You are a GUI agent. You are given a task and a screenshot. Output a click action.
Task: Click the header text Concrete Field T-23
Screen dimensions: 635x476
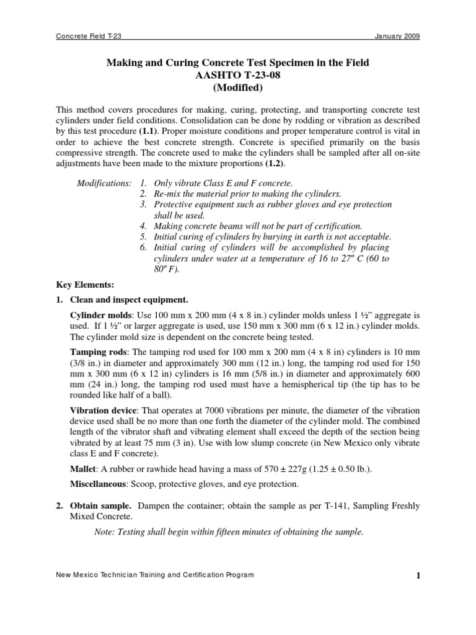click(89, 37)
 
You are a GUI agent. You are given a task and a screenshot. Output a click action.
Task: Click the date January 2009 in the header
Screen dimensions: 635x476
click(397, 37)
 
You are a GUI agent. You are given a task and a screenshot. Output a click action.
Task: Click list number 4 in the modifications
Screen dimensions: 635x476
click(143, 226)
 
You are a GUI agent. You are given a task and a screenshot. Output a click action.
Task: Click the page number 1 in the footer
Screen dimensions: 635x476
click(418, 576)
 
